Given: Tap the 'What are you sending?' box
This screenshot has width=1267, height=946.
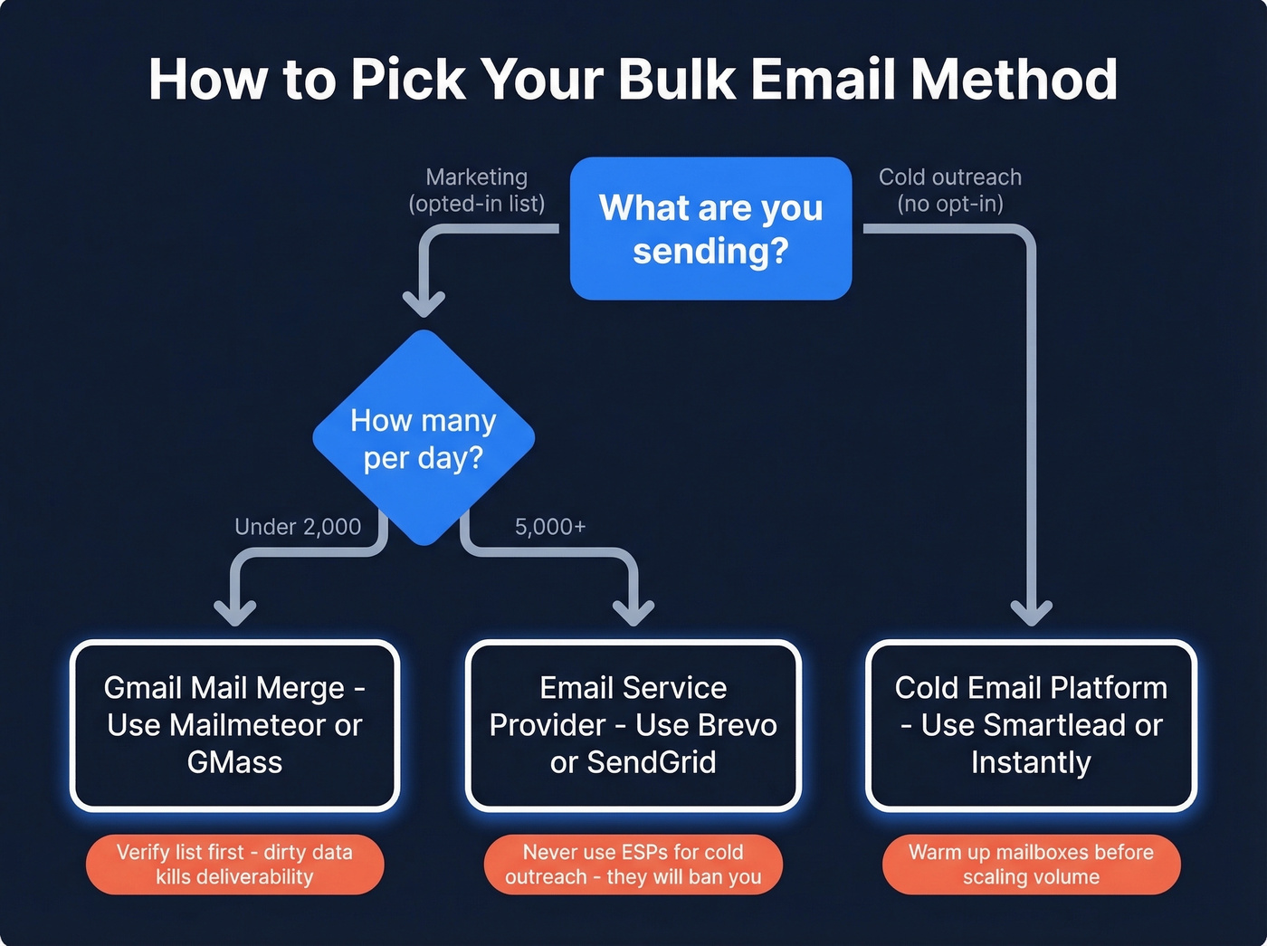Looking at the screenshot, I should coord(710,228).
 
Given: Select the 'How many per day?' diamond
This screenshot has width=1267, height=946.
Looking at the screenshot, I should coord(424,438).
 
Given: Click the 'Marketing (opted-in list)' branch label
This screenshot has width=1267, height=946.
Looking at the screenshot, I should coord(477,190).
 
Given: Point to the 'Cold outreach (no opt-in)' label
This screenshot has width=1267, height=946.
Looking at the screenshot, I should coord(950,190).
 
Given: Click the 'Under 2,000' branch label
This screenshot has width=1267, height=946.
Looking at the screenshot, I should coord(298,527).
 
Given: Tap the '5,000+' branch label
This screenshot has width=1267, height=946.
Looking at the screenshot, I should coord(550,527).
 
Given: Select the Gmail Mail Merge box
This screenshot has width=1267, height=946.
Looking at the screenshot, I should coord(234,725).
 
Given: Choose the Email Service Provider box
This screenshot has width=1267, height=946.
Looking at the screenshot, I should coord(633,725).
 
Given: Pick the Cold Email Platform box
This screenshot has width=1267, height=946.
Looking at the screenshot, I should coord(1031,725).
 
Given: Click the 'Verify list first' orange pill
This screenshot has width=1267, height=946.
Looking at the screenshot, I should coord(234,865).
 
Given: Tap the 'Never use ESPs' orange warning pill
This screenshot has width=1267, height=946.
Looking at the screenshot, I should coord(633,865).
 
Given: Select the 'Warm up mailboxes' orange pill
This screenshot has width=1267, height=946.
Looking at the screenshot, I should coord(1031,865).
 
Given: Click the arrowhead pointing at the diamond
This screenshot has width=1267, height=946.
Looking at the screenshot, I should coord(424,304).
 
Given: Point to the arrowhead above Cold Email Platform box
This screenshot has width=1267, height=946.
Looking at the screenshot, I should coord(1031,613).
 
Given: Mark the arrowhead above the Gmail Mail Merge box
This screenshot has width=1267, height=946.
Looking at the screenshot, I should coord(234,613).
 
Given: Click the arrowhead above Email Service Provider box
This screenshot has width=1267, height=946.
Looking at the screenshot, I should coord(633,613).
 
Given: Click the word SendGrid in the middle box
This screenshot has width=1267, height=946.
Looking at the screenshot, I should coord(652,762).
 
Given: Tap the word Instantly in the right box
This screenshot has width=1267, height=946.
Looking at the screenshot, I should coord(1031,762).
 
